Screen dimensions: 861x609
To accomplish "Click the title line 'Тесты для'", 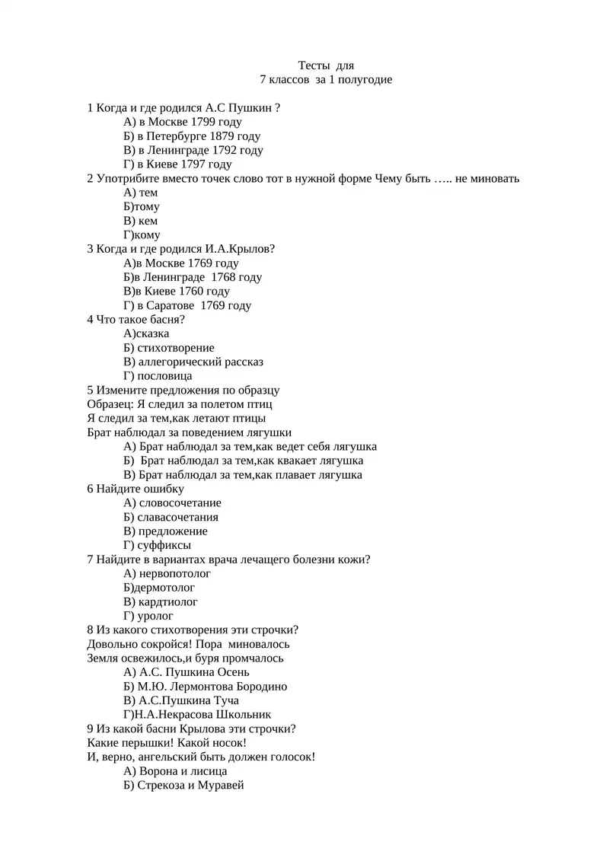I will point(325,65).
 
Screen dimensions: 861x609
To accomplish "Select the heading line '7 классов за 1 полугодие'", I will point(326,79).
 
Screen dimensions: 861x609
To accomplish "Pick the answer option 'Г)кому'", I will point(142,235).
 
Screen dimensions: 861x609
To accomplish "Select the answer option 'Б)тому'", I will point(142,206).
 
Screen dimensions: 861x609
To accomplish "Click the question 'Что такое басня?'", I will point(136,320).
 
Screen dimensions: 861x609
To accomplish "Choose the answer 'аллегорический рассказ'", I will point(201,362).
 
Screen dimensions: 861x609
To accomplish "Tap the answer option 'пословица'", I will point(164,376).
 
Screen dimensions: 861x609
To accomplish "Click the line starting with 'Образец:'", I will point(180,404).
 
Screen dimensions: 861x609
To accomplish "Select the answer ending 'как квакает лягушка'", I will point(244,461).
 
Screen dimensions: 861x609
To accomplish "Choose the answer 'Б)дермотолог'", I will point(159,588).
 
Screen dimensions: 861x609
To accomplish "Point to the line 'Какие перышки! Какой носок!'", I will point(167,742).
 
